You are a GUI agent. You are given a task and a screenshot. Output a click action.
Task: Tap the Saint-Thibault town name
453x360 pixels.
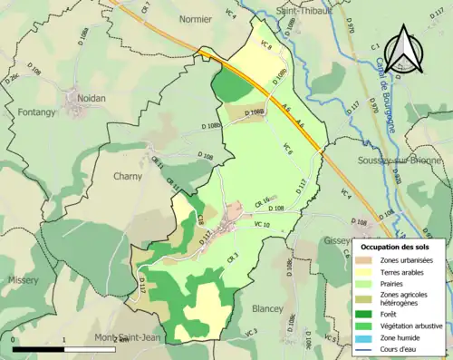(x=305, y=9)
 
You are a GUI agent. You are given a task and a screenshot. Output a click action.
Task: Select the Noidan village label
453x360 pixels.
(x=82, y=97)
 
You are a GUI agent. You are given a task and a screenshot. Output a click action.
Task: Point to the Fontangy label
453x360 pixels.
(x=37, y=112)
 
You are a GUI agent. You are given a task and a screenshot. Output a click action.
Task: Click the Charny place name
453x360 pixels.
(x=130, y=177)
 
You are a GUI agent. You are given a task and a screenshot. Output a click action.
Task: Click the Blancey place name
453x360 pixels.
(x=268, y=307)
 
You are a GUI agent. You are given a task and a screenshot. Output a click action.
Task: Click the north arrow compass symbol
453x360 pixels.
(x=400, y=50)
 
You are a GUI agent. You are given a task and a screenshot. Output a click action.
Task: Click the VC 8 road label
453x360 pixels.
(x=265, y=44)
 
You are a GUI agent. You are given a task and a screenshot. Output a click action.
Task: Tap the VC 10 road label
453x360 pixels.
(x=262, y=224)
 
